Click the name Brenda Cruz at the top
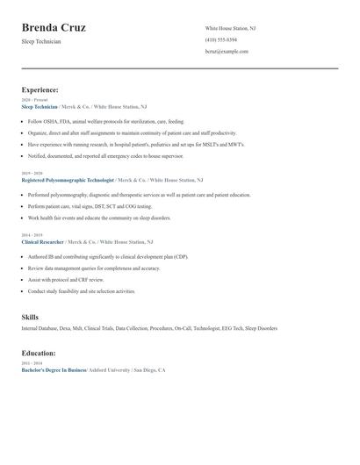(54, 28)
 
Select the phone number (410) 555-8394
(220, 39)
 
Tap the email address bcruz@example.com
(227, 52)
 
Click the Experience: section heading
(40, 89)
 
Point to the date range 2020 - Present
(33, 100)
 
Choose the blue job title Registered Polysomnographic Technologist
(68, 179)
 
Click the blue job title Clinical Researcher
(42, 241)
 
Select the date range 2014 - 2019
(32, 235)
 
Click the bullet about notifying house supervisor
(105, 155)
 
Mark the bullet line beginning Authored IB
(107, 257)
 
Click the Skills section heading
(30, 317)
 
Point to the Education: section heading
(39, 353)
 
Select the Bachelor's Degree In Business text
(54, 370)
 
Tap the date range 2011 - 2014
(32, 363)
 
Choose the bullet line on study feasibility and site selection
(82, 291)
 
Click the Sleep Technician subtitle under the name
(41, 41)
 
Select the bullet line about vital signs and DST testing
(90, 206)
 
